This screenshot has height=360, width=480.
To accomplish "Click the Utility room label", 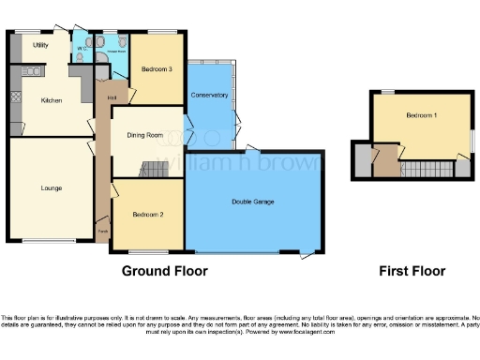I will point(40,44).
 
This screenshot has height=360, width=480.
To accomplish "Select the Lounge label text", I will point(52,187).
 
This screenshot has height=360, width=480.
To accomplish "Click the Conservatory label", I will point(208,96).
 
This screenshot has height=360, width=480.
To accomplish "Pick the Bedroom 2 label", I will point(148,215).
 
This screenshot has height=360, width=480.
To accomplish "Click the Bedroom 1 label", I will point(422,115).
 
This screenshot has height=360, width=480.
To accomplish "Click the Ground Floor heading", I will point(165,272).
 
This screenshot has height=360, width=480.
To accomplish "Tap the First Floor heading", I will point(412,272).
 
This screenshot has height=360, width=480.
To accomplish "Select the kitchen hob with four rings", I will point(31,71).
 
